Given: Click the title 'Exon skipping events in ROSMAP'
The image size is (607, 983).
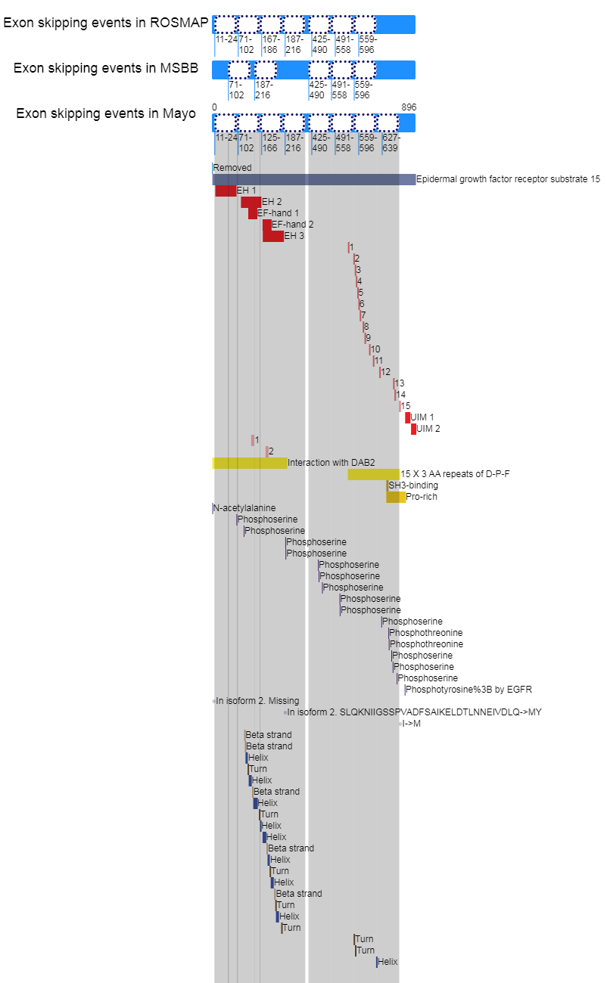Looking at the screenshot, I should (106, 23).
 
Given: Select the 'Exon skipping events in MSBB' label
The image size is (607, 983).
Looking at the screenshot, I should (106, 68).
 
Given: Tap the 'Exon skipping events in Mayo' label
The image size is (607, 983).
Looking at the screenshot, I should (106, 113).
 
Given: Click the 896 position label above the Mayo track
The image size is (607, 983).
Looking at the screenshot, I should (409, 107).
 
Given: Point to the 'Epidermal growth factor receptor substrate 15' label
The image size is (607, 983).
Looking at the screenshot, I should (508, 179).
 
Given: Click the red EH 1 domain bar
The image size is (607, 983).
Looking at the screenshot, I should (226, 191).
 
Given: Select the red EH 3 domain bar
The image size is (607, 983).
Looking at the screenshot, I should (273, 236).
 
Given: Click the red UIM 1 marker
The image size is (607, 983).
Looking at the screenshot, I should (408, 417).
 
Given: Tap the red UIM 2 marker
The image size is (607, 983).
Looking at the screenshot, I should (413, 429).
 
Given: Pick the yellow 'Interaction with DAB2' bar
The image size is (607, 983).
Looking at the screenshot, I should (250, 463).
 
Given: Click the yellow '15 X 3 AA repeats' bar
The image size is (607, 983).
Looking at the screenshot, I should (374, 474).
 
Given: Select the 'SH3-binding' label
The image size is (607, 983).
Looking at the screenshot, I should (413, 485).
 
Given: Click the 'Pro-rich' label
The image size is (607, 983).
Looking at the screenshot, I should (422, 497).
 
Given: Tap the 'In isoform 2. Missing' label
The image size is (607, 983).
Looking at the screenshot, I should (257, 701).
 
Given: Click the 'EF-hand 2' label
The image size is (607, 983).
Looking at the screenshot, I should (292, 225).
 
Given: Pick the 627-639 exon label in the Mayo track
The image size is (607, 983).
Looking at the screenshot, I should (391, 143).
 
